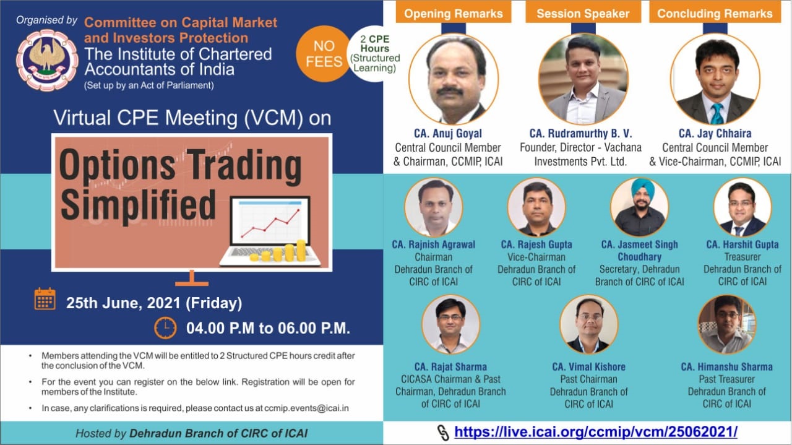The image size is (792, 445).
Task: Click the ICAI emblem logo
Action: pyautogui.click(x=47, y=60)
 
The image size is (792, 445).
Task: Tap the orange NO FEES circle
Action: pyautogui.click(x=324, y=54)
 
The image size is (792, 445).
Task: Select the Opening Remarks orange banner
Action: pyautogui.click(x=454, y=14)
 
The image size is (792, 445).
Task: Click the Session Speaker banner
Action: pyautogui.click(x=583, y=14)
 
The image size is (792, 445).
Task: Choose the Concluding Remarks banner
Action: pyautogui.click(x=715, y=14)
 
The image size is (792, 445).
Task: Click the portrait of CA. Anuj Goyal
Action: pyautogui.click(x=454, y=79)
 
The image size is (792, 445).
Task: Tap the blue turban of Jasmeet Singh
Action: pyautogui.click(x=640, y=190)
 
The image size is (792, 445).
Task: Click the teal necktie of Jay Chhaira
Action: pyautogui.click(x=717, y=113)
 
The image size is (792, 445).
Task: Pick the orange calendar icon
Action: pyautogui.click(x=45, y=299)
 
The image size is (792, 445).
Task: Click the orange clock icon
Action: pyautogui.click(x=165, y=328)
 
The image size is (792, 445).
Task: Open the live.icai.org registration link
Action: pyautogui.click(x=596, y=432)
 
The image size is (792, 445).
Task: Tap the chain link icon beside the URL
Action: pyautogui.click(x=442, y=432)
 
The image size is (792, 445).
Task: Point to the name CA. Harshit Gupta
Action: pyautogui.click(x=742, y=244)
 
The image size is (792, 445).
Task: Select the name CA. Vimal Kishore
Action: pyautogui.click(x=588, y=367)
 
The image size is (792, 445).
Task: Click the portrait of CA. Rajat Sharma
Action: pyautogui.click(x=451, y=325)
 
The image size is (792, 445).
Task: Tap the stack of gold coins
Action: pyautogui.click(x=278, y=251)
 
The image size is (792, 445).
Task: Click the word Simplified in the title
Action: pyautogui.click(x=138, y=205)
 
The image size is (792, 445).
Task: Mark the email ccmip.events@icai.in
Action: pyautogui.click(x=306, y=408)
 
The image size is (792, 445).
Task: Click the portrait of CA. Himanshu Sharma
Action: pyautogui.click(x=727, y=325)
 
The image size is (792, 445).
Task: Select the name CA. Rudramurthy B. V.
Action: pyautogui.click(x=580, y=133)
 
